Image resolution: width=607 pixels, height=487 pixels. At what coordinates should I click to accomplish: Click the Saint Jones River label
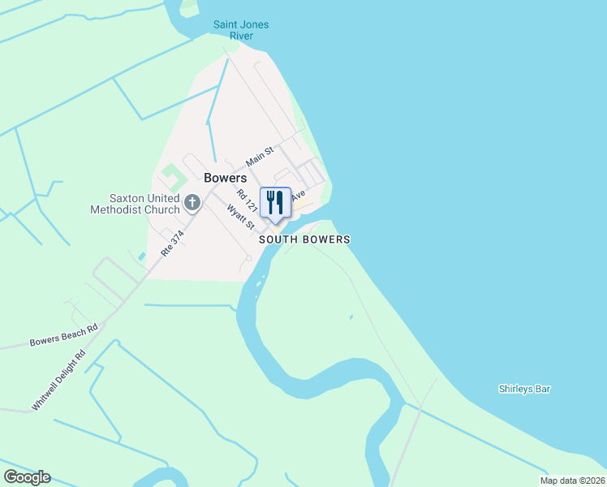point(241,30)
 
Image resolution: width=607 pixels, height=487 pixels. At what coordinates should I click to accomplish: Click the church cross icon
point(192,202)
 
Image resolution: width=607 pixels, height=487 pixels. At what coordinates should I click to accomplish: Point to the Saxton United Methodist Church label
point(135,203)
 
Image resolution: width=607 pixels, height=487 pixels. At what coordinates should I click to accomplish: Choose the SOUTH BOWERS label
point(304,239)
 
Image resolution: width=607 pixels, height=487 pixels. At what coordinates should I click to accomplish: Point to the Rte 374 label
point(173,244)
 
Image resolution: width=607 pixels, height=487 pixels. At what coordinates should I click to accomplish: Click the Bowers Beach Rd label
point(63,334)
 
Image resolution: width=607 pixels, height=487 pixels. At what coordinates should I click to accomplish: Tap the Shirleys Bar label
point(524,389)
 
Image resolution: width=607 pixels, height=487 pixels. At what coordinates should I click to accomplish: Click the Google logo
point(27,477)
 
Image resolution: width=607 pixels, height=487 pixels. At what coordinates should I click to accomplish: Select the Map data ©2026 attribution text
point(572,481)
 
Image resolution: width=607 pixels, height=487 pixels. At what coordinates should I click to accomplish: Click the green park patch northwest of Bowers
point(171,174)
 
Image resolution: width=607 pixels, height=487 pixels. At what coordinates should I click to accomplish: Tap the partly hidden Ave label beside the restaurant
point(298,196)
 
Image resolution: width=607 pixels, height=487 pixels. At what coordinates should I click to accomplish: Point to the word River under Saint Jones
point(241,36)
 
